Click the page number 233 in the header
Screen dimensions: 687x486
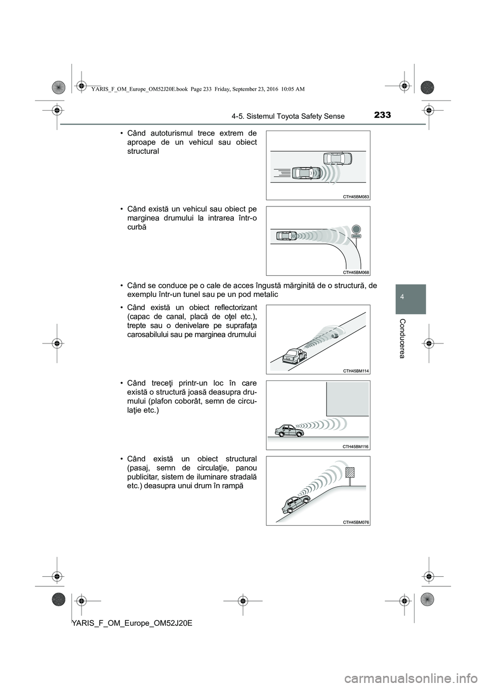[383, 115]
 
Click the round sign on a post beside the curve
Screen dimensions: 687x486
[356, 229]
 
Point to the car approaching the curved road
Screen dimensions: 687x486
[287, 236]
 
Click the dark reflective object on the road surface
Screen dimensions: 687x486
[334, 335]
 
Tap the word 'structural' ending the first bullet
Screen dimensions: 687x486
[143, 151]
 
